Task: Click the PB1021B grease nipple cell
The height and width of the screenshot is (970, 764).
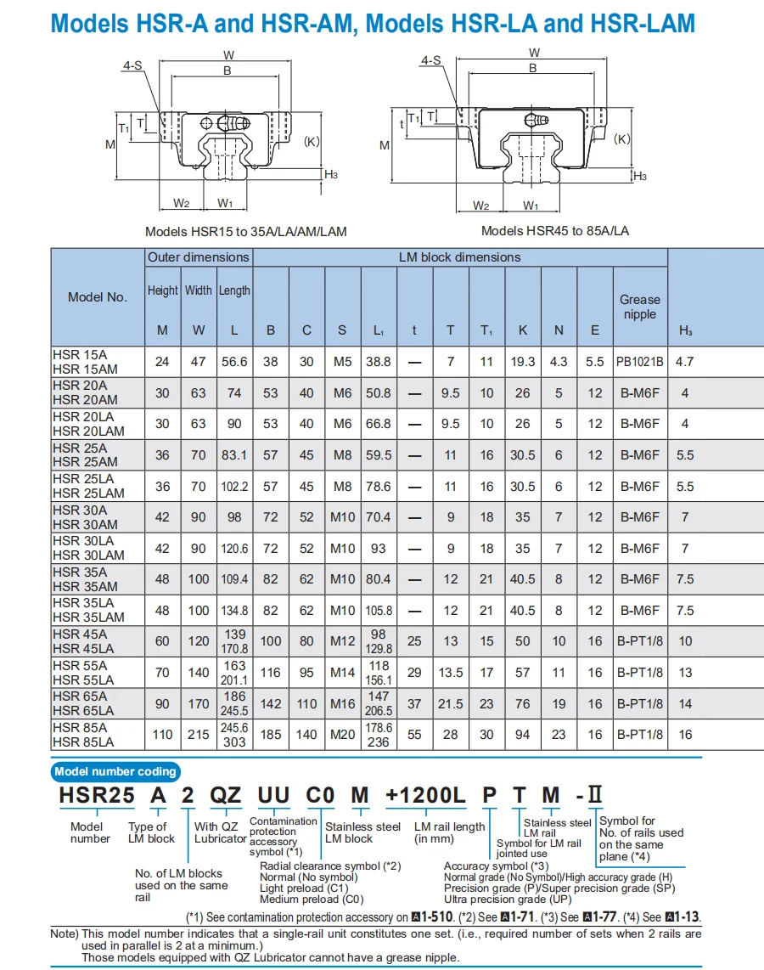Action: point(639,362)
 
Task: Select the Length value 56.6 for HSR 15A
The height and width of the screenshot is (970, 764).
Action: point(234,362)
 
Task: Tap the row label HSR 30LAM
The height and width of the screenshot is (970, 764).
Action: point(88,555)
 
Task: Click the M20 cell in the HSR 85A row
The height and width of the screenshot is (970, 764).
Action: point(342,735)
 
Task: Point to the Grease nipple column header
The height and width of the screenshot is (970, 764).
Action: point(639,307)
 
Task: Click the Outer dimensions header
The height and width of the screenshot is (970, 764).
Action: point(199,257)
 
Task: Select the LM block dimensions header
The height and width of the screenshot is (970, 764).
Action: point(460,257)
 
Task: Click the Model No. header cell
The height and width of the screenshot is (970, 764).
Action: point(98,297)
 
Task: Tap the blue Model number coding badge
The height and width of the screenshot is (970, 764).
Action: point(115,771)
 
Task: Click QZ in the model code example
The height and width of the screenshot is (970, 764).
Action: point(225,796)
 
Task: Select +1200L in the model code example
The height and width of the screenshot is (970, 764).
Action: point(425,796)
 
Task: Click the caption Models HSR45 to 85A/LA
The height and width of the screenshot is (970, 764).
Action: point(555,231)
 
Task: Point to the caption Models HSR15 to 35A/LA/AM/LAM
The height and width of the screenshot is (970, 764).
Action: point(245,231)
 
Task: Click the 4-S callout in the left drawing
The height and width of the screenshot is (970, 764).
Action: point(132,65)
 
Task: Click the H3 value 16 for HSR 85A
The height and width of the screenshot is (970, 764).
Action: point(685,735)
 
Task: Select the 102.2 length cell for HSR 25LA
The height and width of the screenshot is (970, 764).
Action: point(234,487)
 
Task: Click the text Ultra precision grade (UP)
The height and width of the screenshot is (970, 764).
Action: point(508,899)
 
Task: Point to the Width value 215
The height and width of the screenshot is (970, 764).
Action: point(198,735)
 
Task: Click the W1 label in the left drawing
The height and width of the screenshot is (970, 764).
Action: point(225,203)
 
